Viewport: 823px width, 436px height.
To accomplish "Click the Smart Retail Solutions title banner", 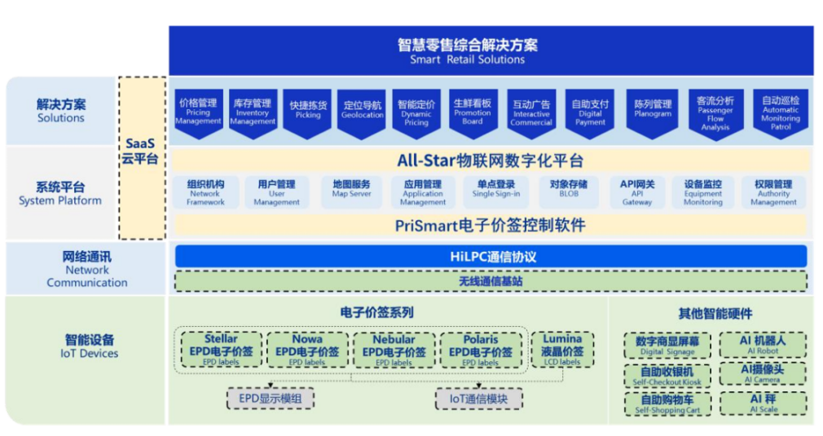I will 491,51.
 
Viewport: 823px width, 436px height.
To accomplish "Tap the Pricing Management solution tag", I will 198,112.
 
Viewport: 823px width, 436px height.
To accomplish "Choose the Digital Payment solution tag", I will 590,112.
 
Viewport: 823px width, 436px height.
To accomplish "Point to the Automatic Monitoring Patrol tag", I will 781,112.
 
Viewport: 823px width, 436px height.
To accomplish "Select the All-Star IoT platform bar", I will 491,161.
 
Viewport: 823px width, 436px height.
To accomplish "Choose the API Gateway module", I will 637,192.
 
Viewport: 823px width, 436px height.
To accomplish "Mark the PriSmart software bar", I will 491,224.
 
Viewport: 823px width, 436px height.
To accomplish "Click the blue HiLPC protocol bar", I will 491,256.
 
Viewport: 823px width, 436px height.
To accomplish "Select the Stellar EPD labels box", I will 222,350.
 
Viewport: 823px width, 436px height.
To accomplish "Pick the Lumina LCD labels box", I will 562,349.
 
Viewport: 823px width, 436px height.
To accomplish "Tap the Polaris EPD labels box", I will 480,350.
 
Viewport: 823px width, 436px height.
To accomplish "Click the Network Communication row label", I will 86,269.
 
